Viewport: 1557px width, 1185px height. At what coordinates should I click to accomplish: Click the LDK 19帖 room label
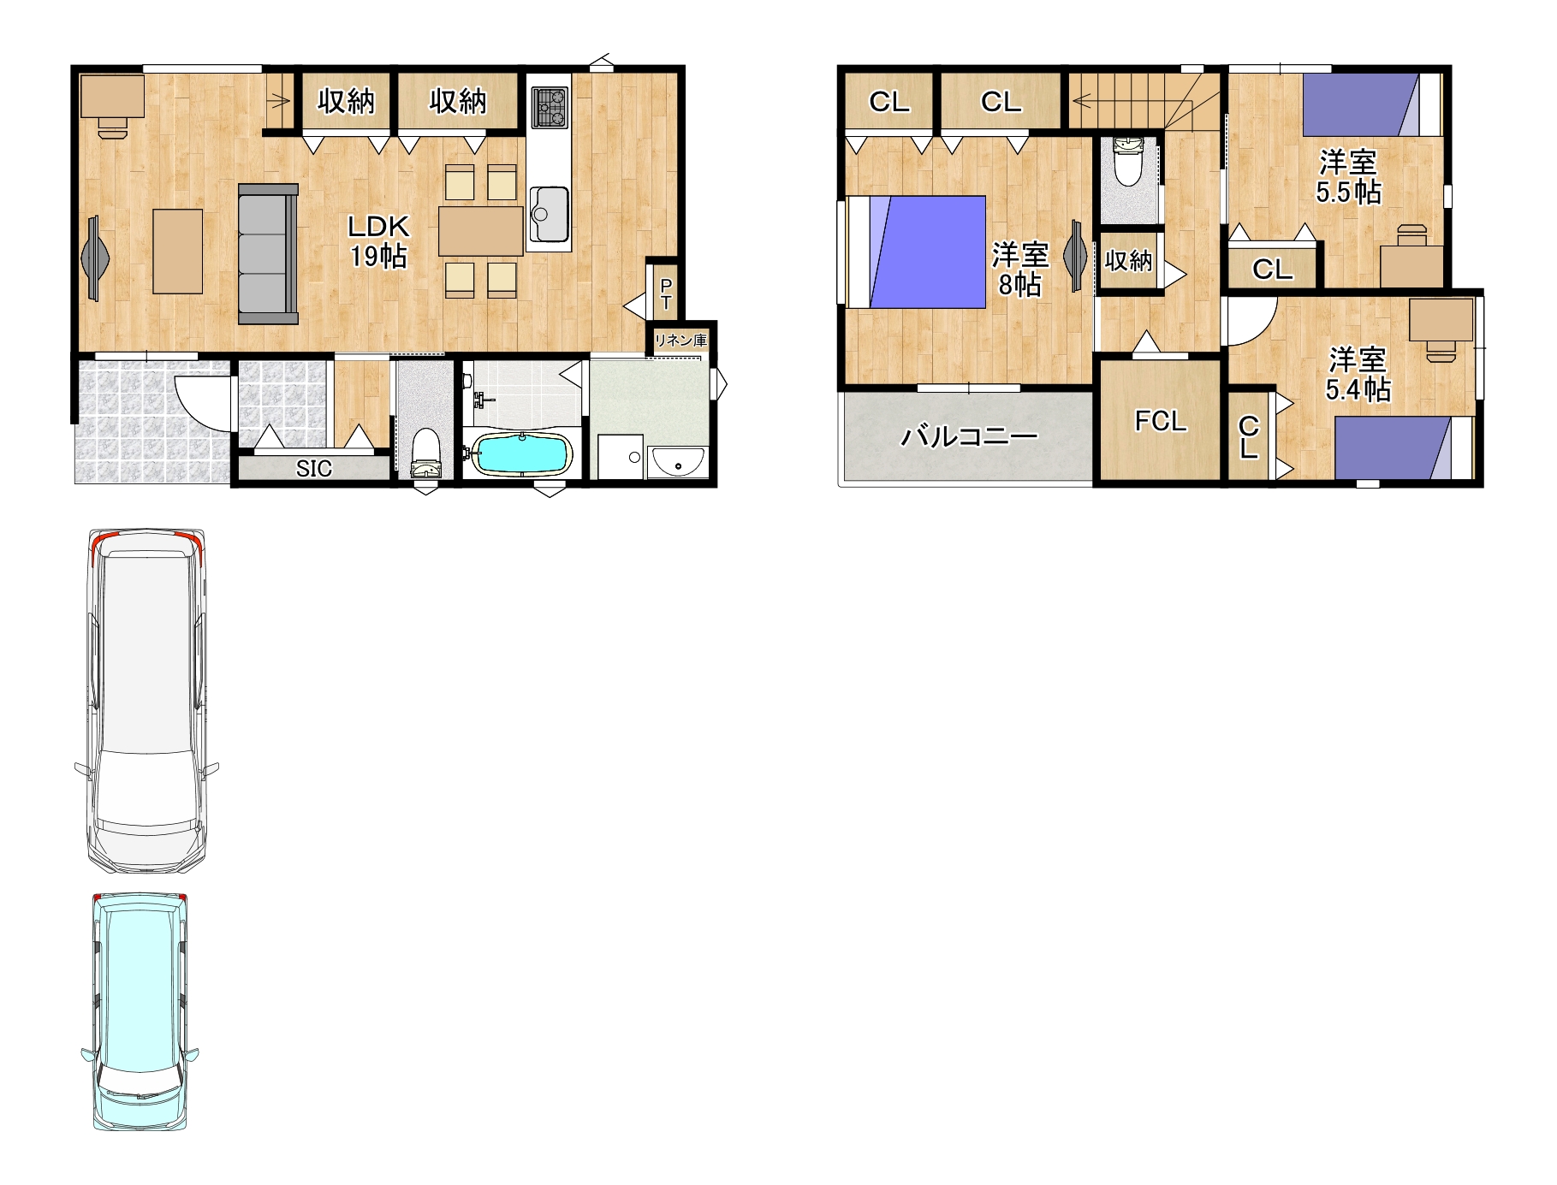point(378,240)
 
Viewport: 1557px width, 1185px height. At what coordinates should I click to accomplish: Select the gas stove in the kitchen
point(549,107)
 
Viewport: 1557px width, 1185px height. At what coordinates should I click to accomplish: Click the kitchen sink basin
point(549,214)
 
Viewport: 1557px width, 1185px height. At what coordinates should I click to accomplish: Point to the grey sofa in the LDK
point(268,254)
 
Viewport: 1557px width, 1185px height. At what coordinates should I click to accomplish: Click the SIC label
point(313,469)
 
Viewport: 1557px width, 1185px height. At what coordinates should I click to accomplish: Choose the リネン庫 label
point(680,340)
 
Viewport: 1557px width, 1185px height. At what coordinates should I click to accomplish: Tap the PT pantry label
point(665,293)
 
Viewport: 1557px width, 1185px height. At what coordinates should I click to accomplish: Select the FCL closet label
point(1161,421)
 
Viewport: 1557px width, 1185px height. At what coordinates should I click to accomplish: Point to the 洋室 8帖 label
point(1019,269)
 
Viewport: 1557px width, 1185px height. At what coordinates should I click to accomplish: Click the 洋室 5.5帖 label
point(1348,177)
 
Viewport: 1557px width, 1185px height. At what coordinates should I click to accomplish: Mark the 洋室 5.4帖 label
point(1358,374)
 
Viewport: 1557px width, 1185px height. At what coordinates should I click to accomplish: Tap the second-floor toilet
point(1127,162)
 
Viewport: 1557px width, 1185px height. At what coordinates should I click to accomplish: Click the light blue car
point(140,1011)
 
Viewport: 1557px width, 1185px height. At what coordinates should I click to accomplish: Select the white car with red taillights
point(146,700)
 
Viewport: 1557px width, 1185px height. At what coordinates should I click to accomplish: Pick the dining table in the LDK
point(481,231)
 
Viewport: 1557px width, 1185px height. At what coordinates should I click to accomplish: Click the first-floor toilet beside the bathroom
point(425,453)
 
